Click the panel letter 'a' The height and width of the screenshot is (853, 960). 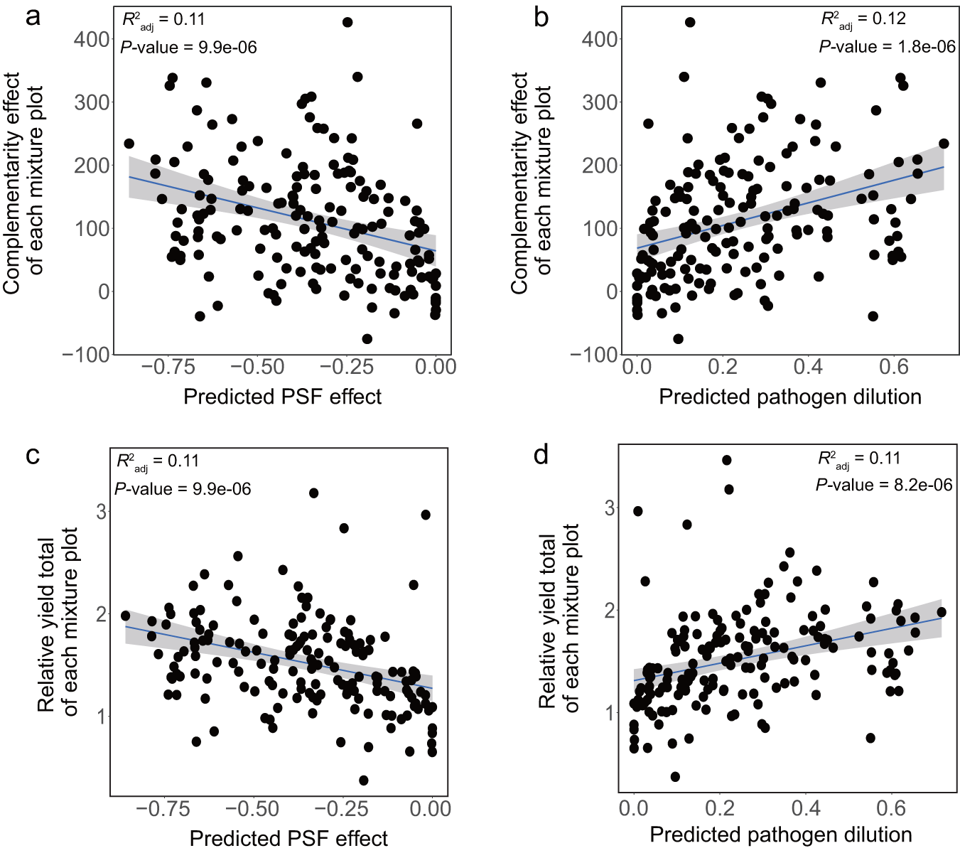click(33, 16)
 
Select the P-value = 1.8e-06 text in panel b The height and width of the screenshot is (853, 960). click(887, 47)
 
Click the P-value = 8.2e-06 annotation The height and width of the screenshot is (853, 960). click(883, 485)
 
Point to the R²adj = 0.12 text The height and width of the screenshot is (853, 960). click(863, 20)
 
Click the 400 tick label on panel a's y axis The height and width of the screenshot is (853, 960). click(92, 39)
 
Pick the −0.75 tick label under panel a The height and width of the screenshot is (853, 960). click(168, 367)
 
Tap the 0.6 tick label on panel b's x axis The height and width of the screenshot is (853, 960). click(894, 367)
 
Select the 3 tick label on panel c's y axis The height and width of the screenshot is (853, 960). click(101, 512)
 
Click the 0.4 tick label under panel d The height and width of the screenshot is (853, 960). click(805, 808)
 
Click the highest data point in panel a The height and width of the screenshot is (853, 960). click(347, 22)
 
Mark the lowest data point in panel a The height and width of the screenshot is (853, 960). click(367, 338)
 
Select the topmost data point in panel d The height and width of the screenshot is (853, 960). click(726, 460)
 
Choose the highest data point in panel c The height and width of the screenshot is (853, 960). click(313, 493)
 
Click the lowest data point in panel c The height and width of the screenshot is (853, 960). click(364, 780)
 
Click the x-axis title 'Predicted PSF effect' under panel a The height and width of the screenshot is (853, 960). click(282, 397)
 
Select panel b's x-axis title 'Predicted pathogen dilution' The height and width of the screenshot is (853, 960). click(789, 397)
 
